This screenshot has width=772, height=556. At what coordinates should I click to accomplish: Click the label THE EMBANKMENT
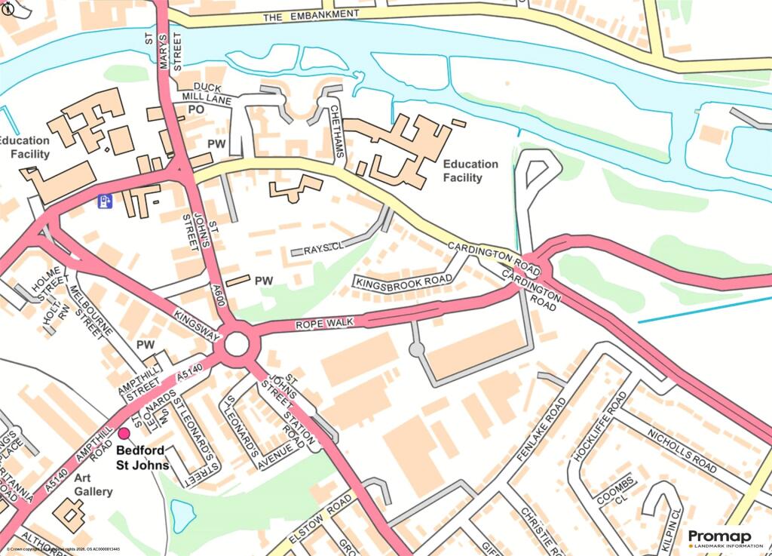point(311,14)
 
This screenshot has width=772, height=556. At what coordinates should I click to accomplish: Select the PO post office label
point(197,110)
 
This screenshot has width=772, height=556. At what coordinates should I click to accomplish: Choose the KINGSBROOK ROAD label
point(405,280)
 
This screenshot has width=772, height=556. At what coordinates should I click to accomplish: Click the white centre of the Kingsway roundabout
point(237,344)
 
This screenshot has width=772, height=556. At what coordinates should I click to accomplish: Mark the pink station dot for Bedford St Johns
point(124,432)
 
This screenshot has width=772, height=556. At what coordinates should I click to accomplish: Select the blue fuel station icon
point(105,201)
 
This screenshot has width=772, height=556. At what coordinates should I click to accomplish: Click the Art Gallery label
point(93,485)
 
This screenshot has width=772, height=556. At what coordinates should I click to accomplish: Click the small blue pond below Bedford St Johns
point(182,515)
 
